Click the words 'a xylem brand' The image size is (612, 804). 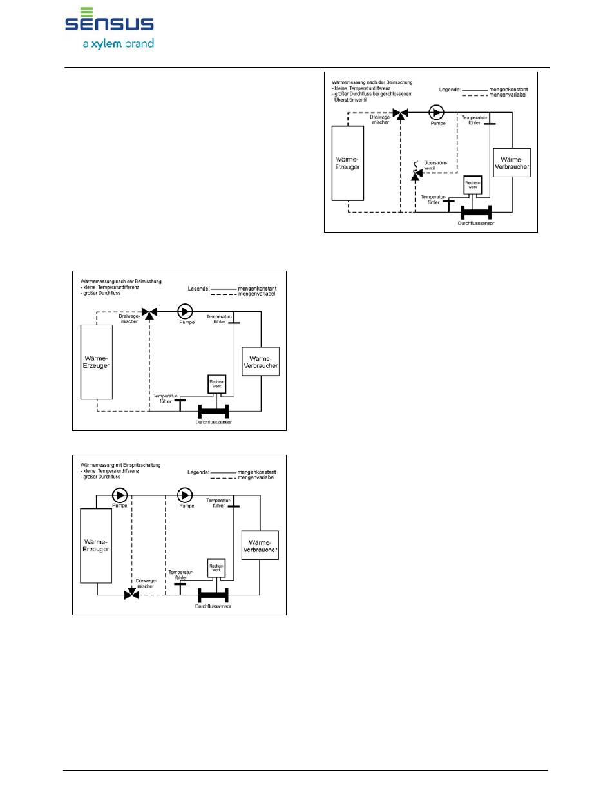click(x=118, y=44)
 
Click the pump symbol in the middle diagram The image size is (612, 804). click(x=186, y=312)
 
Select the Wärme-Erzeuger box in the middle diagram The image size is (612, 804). click(x=96, y=361)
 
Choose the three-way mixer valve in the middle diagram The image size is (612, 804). click(x=150, y=312)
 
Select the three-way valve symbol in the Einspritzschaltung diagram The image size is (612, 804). click(x=131, y=595)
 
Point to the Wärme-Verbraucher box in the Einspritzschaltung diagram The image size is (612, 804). click(x=260, y=546)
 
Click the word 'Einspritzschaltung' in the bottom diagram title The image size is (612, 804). click(x=140, y=464)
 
